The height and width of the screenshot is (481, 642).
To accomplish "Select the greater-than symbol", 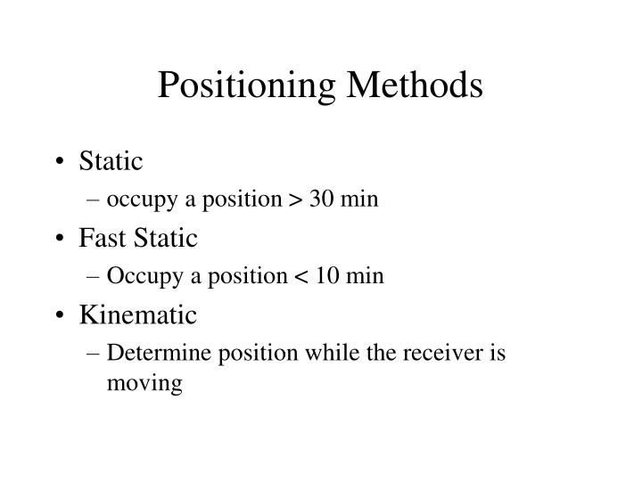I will (x=294, y=200).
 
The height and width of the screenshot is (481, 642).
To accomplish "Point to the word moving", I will (x=144, y=384).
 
